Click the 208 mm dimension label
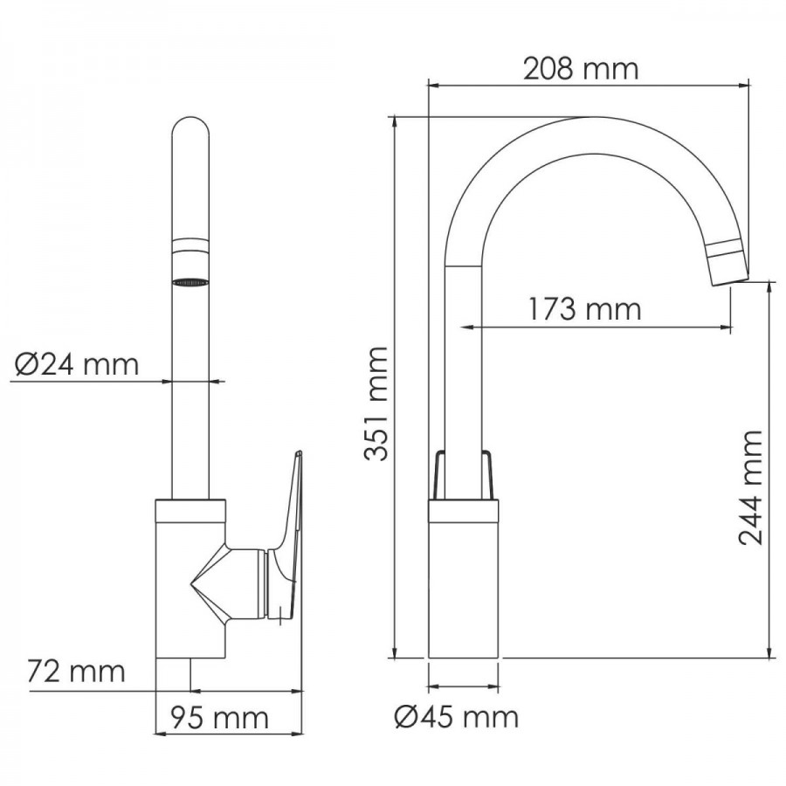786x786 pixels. coord(581,69)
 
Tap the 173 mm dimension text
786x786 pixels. coord(584,309)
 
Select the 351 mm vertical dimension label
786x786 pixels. coord(376,403)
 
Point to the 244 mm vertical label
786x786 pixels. coord(750,486)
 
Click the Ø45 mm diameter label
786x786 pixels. coord(456,717)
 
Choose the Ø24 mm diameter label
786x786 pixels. coord(76,364)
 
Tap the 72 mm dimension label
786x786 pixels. coord(76,672)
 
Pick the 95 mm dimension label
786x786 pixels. coord(219,717)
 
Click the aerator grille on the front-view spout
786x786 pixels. coord(190,282)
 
